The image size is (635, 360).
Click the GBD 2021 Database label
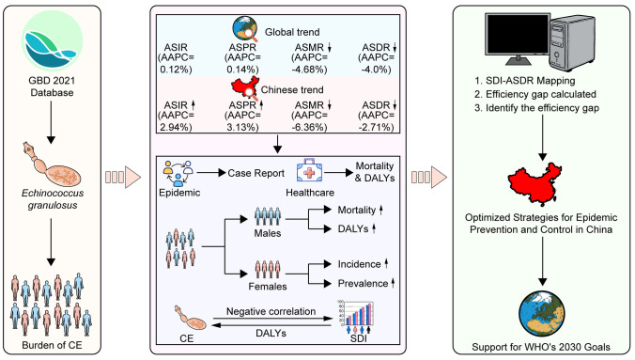[52, 86]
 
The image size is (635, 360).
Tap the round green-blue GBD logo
[52, 41]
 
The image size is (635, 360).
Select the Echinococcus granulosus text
[53, 199]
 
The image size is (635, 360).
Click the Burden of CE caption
[52, 345]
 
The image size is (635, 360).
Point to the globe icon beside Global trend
[245, 29]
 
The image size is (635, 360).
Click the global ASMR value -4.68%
[309, 70]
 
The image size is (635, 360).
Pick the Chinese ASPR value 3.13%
[242, 127]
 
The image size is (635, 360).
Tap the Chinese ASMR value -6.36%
[309, 127]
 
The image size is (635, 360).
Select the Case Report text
[256, 173]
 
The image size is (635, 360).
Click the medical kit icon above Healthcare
[309, 171]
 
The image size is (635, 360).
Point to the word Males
[268, 233]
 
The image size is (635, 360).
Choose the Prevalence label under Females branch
[363, 283]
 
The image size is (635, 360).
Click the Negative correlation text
[271, 311]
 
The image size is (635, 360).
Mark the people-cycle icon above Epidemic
[178, 173]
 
